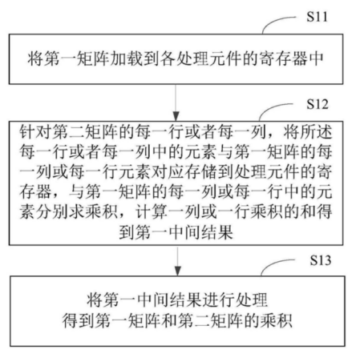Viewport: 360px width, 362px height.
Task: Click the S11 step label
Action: point(317,17)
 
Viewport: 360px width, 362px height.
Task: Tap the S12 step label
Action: point(317,104)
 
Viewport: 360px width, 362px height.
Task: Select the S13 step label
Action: point(321,259)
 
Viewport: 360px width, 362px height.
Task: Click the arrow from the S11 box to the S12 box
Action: point(176,103)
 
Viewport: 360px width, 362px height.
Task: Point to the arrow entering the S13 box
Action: point(177,261)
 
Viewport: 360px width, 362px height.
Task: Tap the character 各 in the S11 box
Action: point(168,58)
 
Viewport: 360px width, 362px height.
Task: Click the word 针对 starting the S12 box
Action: point(35,131)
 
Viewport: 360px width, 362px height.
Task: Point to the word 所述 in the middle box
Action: point(316,131)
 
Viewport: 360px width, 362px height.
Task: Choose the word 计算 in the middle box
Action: point(152,211)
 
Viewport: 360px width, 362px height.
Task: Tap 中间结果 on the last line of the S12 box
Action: point(201,232)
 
